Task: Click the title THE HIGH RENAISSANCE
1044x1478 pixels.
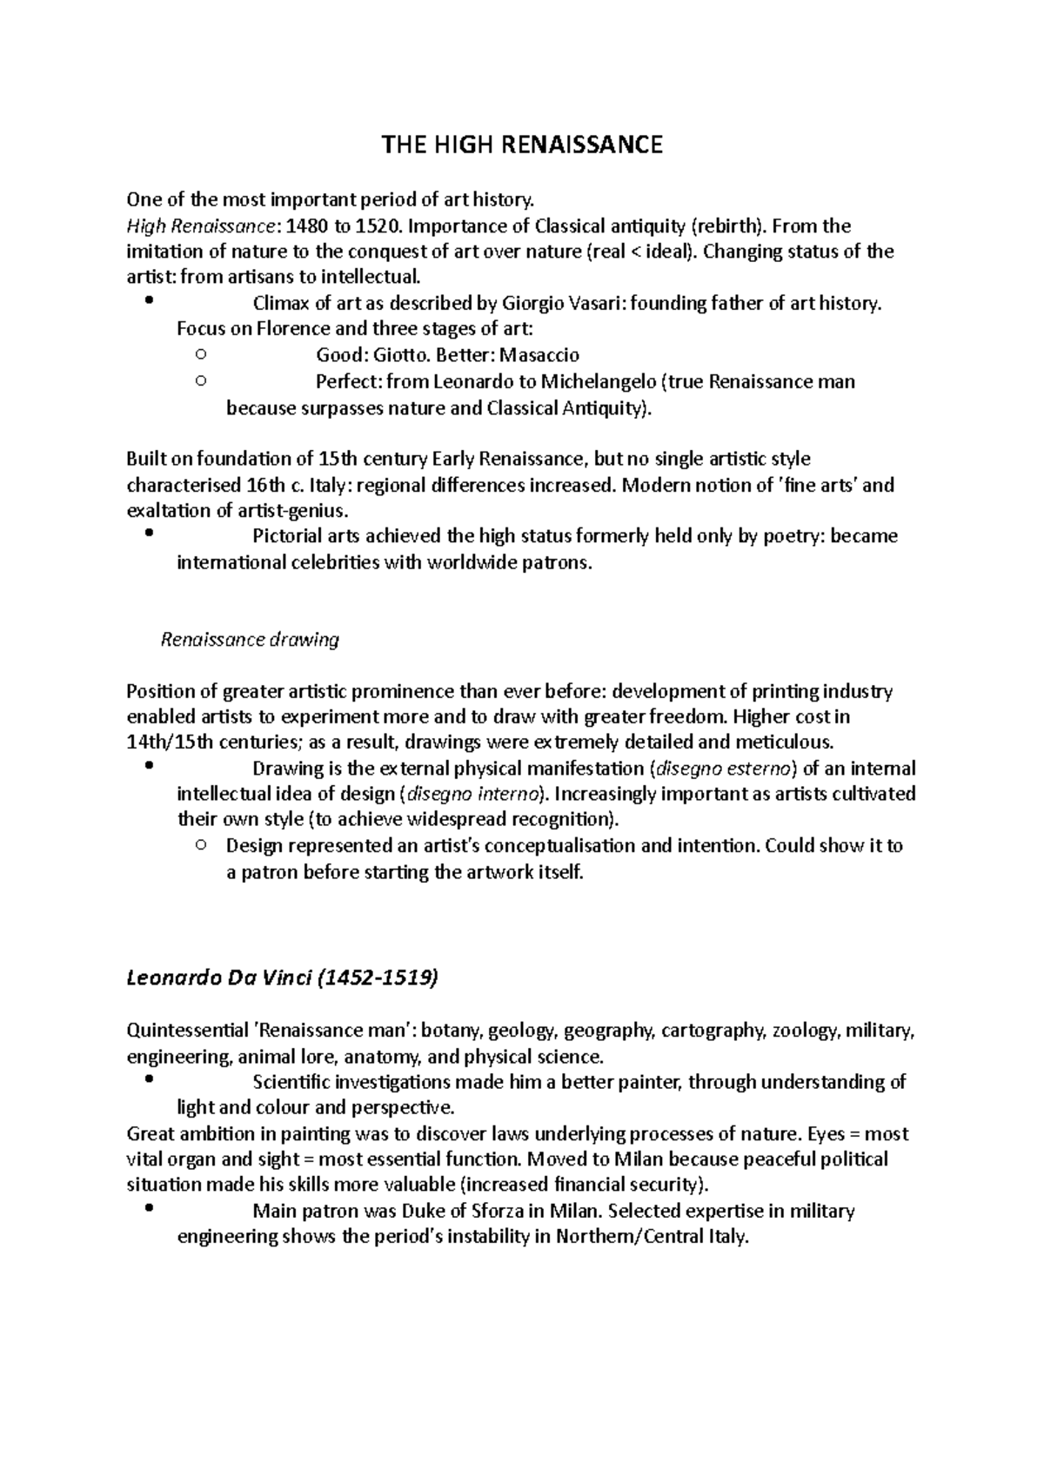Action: tap(522, 144)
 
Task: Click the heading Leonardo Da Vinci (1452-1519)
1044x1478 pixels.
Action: tap(282, 978)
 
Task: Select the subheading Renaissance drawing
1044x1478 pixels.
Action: tap(251, 640)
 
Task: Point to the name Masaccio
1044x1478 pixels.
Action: tap(539, 355)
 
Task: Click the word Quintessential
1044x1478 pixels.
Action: tap(187, 1031)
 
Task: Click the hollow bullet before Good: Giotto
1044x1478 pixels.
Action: tap(201, 354)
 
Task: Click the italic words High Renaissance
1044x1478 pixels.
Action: tap(200, 226)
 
